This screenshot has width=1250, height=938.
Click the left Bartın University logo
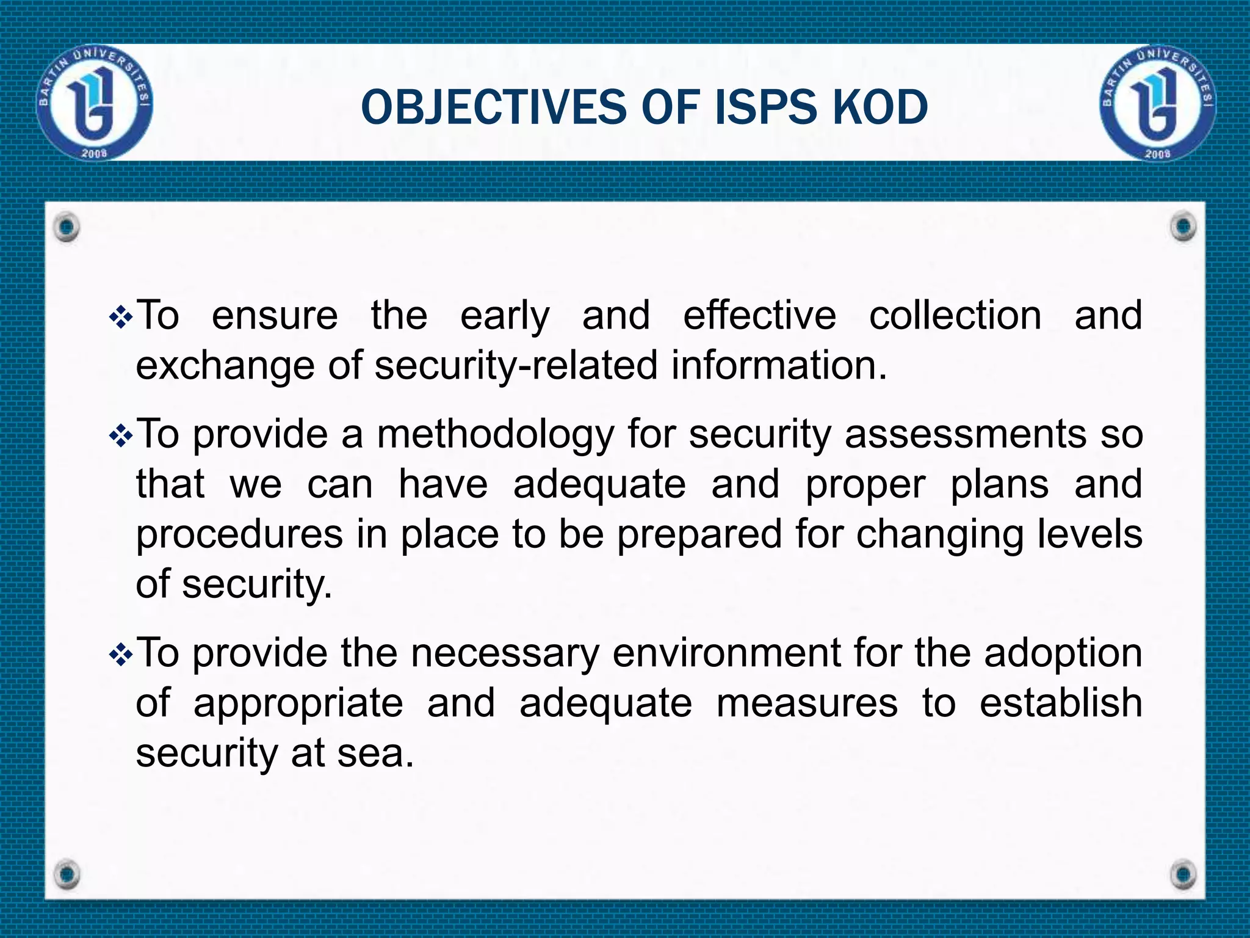pos(95,102)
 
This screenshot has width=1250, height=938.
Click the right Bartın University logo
pos(1158,102)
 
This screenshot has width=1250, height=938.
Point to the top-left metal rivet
pos(66,227)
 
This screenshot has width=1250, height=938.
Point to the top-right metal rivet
pos(1184,227)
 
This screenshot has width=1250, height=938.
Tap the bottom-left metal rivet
pos(66,874)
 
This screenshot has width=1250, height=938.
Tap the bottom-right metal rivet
pos(1184,874)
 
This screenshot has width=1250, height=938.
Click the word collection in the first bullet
pos(955,316)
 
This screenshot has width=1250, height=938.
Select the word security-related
pos(516,366)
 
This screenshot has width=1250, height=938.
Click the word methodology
pos(496,435)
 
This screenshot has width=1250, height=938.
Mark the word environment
pos(727,653)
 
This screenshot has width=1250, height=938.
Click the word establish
pos(1061,703)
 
